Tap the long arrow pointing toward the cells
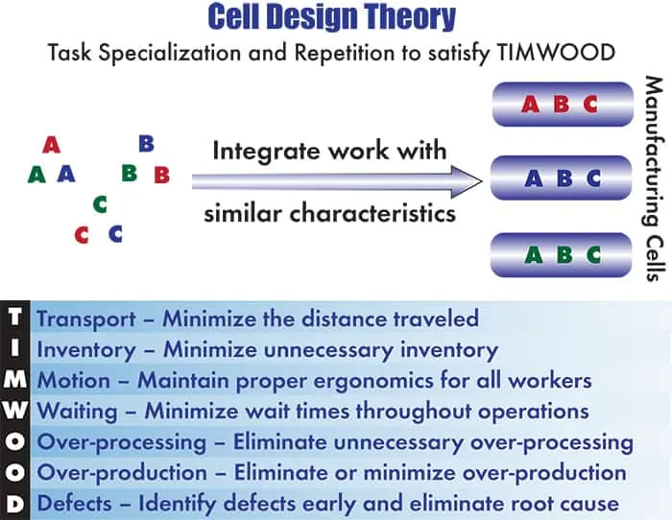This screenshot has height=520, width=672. tap(337, 181)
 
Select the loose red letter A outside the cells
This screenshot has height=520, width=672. tap(52, 145)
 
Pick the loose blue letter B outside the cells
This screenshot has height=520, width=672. tap(146, 144)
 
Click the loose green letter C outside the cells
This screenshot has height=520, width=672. tap(100, 204)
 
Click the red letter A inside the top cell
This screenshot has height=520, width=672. tap(530, 104)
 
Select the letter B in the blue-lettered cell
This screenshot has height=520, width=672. tap(564, 178)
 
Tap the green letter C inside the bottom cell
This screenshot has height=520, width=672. tap(593, 255)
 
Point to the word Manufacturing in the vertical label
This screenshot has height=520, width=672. tap(654, 150)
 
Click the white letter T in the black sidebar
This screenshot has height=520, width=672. tap(14, 318)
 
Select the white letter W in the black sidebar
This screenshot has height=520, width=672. tap(14, 411)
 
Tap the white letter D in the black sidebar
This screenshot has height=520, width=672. tap(14, 504)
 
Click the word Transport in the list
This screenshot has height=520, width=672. tap(86, 319)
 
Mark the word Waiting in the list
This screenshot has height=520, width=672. tap(77, 412)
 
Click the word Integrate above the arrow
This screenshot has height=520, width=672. tap(266, 152)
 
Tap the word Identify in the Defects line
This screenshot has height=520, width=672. tap(177, 504)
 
